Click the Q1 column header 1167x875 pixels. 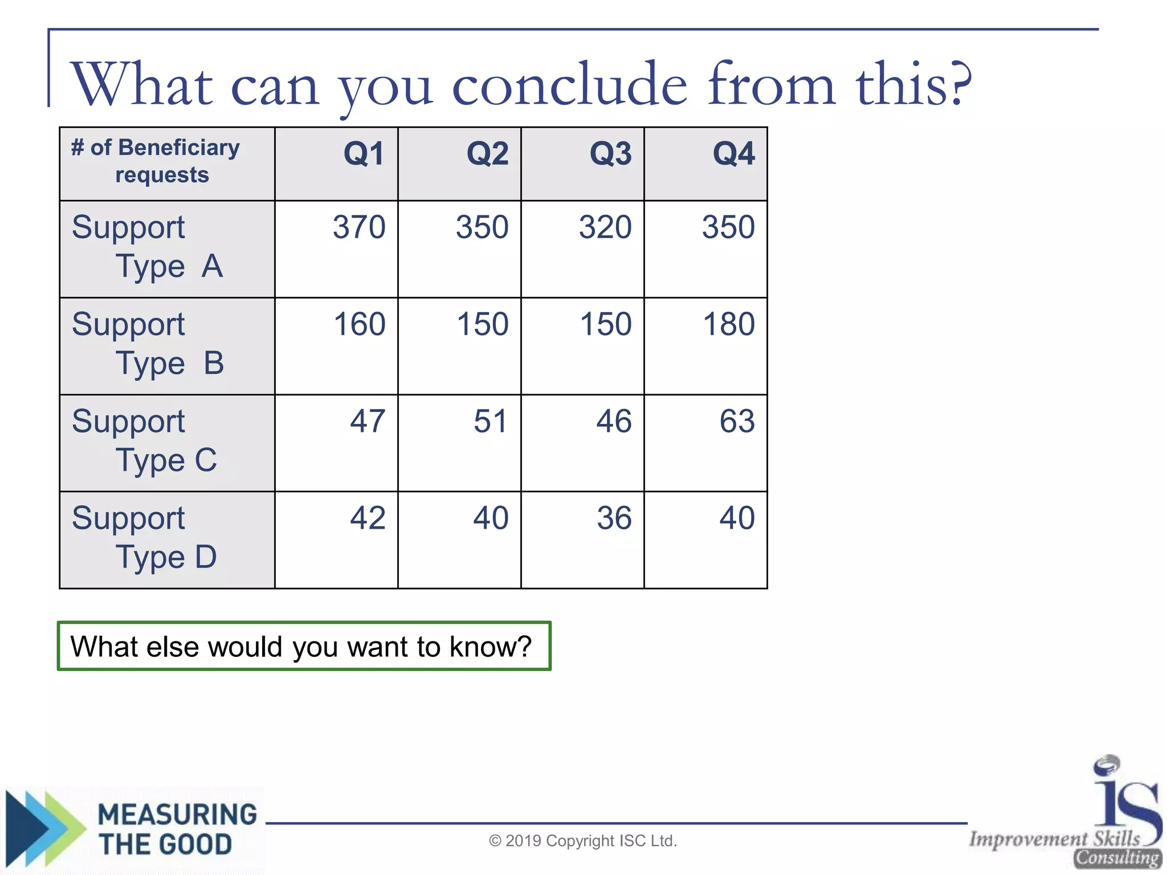tap(364, 154)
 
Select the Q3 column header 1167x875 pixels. tap(610, 154)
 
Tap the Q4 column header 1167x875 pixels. tap(733, 154)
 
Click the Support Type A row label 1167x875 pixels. tap(147, 247)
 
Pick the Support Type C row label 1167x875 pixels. tap(145, 441)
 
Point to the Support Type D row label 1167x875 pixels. tap(145, 538)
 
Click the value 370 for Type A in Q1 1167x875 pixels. tap(359, 227)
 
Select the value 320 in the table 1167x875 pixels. tap(605, 227)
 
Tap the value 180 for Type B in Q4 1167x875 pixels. tap(728, 324)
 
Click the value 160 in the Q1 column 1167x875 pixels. tap(359, 324)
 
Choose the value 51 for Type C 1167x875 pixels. tap(490, 422)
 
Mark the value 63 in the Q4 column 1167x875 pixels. tap(737, 422)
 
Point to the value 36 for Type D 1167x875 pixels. tap(614, 518)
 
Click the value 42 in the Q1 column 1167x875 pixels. tap(368, 518)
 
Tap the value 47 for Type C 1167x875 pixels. tap(368, 422)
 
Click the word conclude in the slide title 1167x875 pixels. tap(570, 85)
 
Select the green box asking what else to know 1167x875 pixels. tap(304, 646)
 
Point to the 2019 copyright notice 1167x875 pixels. tap(583, 841)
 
